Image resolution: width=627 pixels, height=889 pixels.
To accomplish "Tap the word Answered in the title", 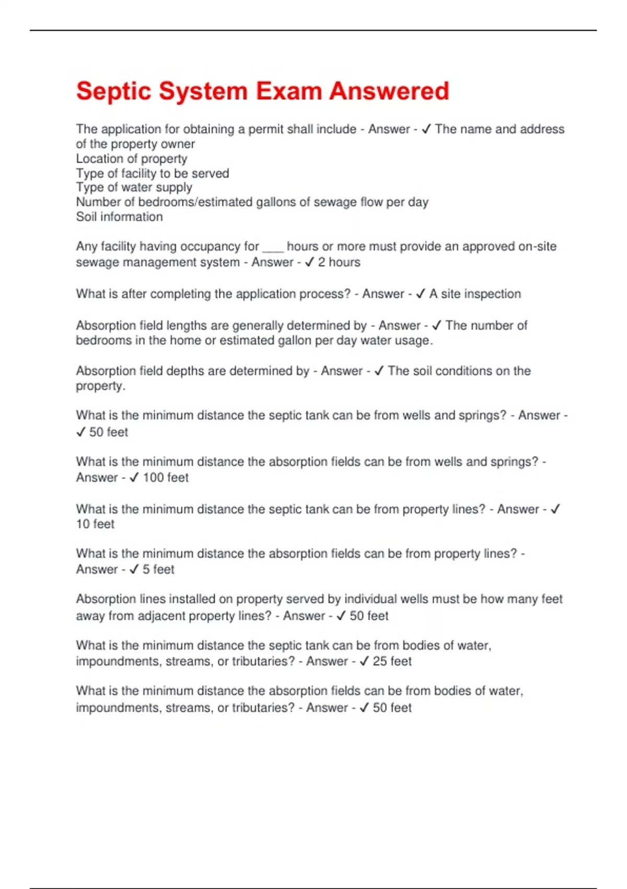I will (x=389, y=91).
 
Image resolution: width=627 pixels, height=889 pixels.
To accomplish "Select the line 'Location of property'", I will (x=131, y=158).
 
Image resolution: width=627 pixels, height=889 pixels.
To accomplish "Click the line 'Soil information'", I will (x=119, y=216).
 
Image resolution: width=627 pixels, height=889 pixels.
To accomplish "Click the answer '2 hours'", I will (x=339, y=262).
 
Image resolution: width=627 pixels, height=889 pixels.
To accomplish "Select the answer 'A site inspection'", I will (x=475, y=294).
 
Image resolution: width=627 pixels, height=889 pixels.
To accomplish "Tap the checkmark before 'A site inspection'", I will (x=421, y=294).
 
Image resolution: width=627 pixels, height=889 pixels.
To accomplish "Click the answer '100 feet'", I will (x=166, y=477).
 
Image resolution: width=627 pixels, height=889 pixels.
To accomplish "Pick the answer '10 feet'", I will (x=95, y=524).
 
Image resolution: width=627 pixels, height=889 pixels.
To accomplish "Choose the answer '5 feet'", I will (x=158, y=569).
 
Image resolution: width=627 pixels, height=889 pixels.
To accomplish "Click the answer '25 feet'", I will (x=392, y=661).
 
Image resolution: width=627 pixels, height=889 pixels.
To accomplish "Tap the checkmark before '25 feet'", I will (x=364, y=661).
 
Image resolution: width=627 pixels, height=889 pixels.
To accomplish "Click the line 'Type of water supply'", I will (x=134, y=187).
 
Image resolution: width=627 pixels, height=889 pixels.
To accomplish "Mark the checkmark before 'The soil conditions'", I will (x=379, y=371).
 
